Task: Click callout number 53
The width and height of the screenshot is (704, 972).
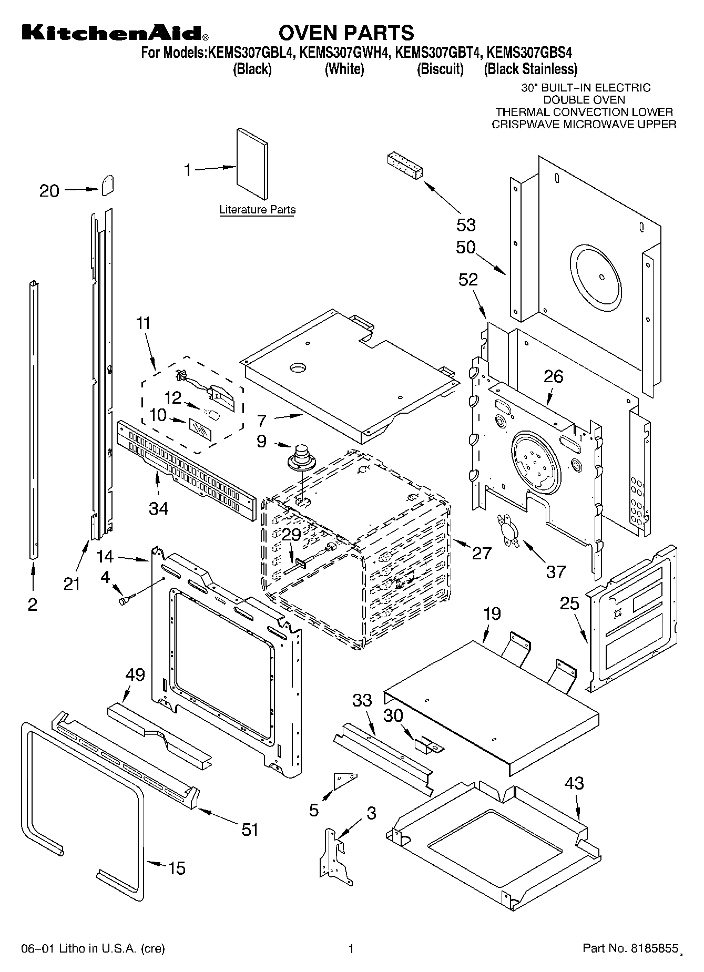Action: [466, 224]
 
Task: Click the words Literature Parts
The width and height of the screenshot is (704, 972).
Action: [257, 210]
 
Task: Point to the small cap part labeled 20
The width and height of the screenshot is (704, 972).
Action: [108, 185]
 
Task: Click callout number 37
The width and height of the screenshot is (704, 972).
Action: [555, 571]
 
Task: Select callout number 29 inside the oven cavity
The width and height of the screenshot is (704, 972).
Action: [291, 535]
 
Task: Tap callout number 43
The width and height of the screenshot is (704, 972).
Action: [574, 784]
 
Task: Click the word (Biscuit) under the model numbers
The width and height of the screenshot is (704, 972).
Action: [440, 69]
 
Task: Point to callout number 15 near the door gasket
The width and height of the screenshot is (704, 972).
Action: [176, 868]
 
